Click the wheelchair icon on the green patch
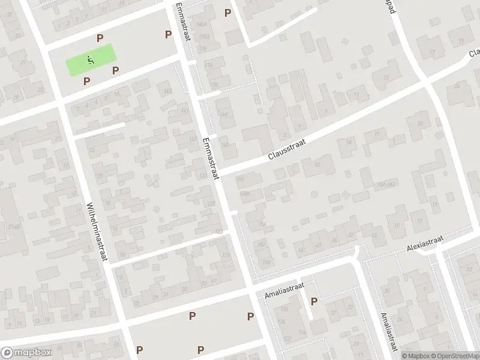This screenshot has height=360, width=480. tap(89, 60)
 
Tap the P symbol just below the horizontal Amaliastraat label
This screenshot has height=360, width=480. tap(313, 302)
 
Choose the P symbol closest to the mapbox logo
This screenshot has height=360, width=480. tap(139, 350)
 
